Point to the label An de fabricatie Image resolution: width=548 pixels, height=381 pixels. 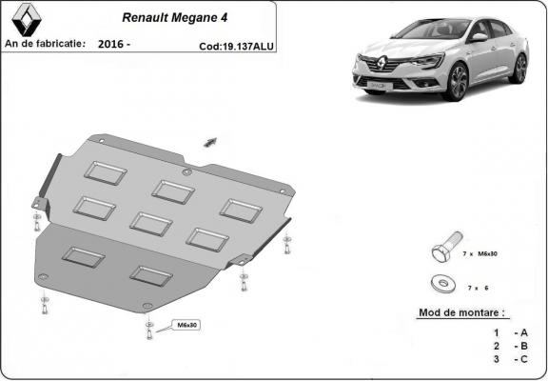click(45, 44)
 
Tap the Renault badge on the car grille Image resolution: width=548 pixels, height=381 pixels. click(373, 68)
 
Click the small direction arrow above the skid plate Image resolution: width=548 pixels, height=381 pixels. click(209, 141)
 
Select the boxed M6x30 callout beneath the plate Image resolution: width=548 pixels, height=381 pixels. click(186, 326)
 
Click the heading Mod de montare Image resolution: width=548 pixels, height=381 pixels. click(461, 312)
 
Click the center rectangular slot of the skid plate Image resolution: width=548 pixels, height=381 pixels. click(149, 222)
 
